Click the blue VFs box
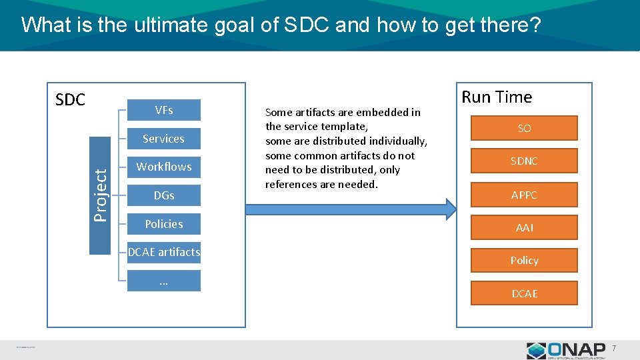pos(163,110)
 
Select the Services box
pos(163,139)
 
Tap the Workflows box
pos(163,167)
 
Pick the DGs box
pos(163,195)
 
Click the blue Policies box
pos(163,224)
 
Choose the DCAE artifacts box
pos(163,252)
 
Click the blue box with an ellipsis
pos(163,281)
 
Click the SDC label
pos(70,100)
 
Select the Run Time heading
pos(497,97)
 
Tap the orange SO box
pos(524,128)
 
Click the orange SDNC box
pos(524,161)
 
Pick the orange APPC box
pos(524,195)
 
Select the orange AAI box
pos(524,227)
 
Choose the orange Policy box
pos(524,260)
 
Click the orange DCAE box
pos(524,293)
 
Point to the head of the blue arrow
pos(449,209)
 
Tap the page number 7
pos(614,349)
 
